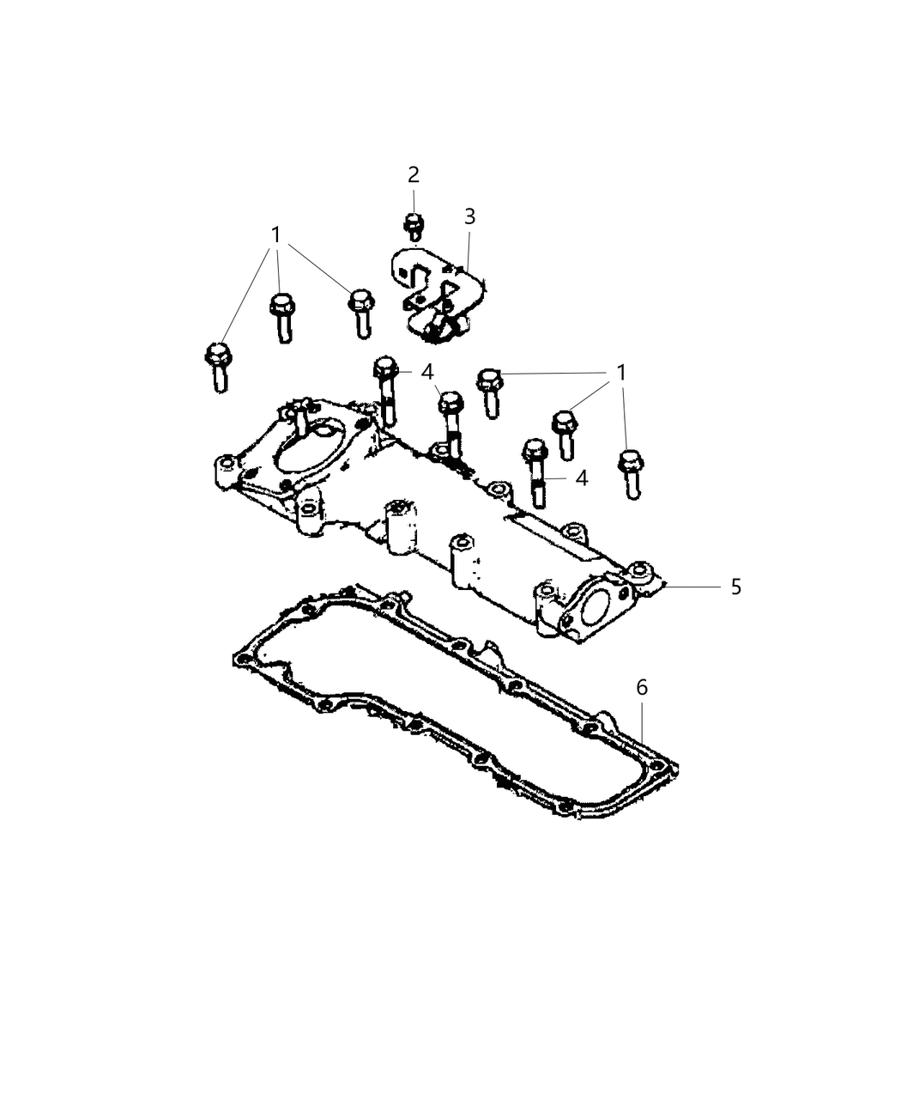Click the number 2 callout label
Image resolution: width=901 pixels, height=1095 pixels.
point(414,175)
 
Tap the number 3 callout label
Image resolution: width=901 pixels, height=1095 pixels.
point(469,216)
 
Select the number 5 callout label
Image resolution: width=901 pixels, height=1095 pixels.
point(736,587)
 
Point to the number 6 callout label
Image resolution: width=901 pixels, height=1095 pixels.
point(642,688)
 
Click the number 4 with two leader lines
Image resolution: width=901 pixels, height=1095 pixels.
point(427,372)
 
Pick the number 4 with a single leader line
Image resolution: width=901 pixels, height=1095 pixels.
point(582,478)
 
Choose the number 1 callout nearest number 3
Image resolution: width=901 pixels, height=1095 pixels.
point(275,234)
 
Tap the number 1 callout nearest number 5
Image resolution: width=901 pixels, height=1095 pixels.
point(621,373)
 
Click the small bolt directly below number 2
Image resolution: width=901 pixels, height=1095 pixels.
point(414,227)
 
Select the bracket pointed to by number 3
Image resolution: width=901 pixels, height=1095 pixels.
point(438,295)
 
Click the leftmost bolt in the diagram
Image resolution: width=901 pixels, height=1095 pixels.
point(218,368)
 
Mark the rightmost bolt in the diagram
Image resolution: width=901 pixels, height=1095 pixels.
point(631,474)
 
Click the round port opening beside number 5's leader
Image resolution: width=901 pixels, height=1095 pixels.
point(596,610)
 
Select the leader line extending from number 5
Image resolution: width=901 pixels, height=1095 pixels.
point(692,587)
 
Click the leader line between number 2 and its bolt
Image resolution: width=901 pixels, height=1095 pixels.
point(414,201)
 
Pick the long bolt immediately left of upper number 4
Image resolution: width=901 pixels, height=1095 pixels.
point(386,391)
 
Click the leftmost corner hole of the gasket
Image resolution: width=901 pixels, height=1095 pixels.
point(242,660)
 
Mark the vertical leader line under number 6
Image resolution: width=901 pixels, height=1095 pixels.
point(642,722)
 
